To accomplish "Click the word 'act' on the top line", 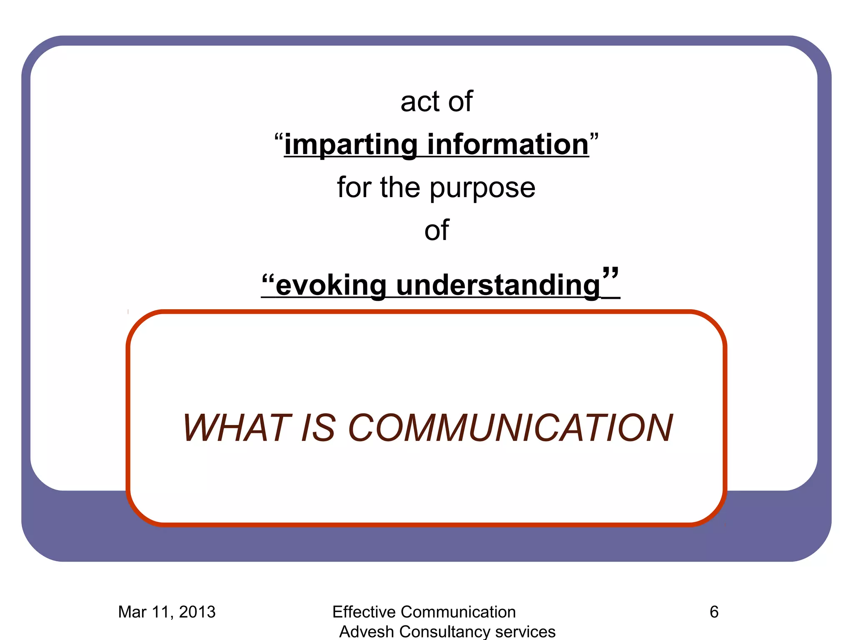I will (x=420, y=102).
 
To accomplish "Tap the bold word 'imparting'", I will (x=350, y=145).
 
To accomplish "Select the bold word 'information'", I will (x=508, y=145).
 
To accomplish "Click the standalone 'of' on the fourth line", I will (x=436, y=230).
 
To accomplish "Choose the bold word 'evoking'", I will (x=331, y=286).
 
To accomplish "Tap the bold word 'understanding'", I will (x=498, y=286).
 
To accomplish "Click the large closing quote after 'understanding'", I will (x=610, y=274).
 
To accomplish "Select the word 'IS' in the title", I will (x=318, y=428).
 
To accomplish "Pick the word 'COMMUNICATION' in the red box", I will (x=510, y=428).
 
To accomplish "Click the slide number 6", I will (x=714, y=612).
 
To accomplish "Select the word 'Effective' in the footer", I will (x=364, y=612).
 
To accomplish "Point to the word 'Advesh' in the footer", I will (x=367, y=632).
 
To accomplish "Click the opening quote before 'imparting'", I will (x=279, y=137).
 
